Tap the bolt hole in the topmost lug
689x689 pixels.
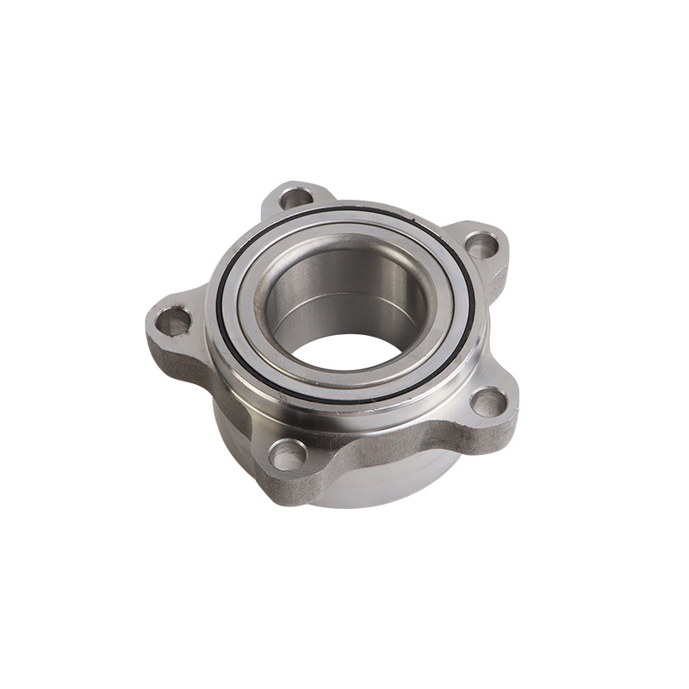[x=297, y=197]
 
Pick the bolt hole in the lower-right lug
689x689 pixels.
[x=489, y=400]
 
